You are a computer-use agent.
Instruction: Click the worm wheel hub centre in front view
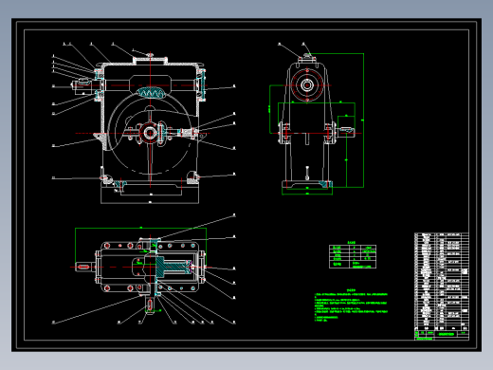tap(150, 132)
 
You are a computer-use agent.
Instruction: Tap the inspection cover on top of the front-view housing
tap(151, 60)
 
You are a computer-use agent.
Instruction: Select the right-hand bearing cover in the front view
tap(203, 87)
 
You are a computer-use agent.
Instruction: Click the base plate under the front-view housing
tap(150, 194)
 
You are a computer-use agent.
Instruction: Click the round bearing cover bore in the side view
tap(307, 85)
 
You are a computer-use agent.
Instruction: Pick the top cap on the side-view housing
tap(307, 56)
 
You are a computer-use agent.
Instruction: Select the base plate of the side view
tap(307, 186)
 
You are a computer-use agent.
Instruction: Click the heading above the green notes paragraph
tap(349, 290)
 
